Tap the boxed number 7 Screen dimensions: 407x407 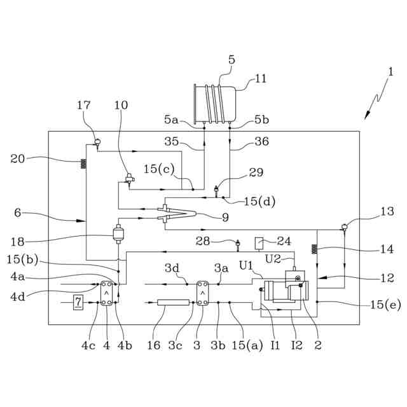pyautogui.click(x=78, y=302)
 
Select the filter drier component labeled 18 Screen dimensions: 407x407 pyautogui.click(x=118, y=235)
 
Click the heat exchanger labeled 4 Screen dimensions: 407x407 pyautogui.click(x=106, y=294)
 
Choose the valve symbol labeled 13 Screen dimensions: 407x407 pyautogui.click(x=344, y=227)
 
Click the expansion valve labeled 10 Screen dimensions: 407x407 pyautogui.click(x=129, y=180)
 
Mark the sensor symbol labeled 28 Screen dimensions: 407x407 pyautogui.click(x=238, y=242)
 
